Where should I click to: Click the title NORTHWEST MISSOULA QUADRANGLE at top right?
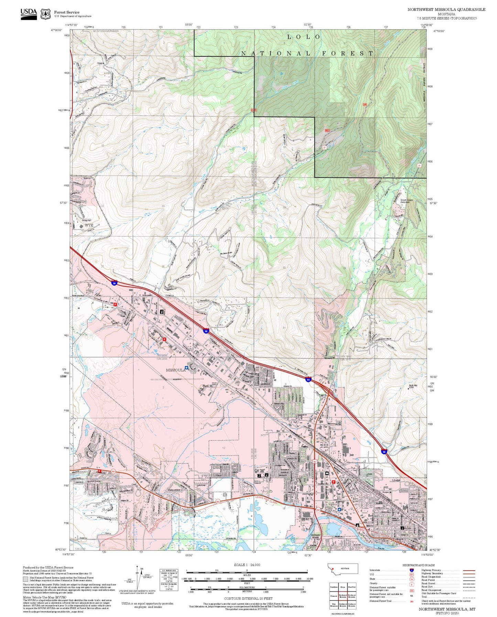click(446, 9)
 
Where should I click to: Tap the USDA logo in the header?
click(29, 13)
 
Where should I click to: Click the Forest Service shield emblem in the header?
click(45, 14)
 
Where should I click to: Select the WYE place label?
click(89, 225)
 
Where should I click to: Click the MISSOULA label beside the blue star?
click(175, 370)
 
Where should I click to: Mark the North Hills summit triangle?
click(408, 388)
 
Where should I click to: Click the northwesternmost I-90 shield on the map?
click(114, 283)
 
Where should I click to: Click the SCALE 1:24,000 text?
click(247, 565)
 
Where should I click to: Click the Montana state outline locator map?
click(343, 569)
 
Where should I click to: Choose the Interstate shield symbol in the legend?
click(411, 570)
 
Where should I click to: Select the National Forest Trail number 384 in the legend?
click(411, 601)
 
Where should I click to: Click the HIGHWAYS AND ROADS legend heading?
click(418, 565)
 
